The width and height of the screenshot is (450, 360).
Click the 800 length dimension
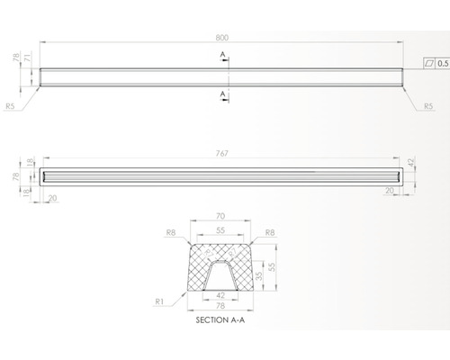[222, 38]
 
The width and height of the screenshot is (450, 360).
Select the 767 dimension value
[222, 153]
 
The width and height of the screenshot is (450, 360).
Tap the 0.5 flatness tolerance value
[443, 64]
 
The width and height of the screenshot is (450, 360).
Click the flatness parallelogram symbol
[429, 64]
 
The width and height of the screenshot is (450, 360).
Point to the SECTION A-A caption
[220, 320]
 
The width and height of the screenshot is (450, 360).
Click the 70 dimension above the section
[220, 216]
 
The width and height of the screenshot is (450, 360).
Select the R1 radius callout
[159, 301]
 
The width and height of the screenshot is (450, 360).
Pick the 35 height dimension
[259, 275]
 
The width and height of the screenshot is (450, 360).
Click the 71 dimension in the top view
[27, 57]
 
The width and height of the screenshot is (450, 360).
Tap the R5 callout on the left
[10, 106]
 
